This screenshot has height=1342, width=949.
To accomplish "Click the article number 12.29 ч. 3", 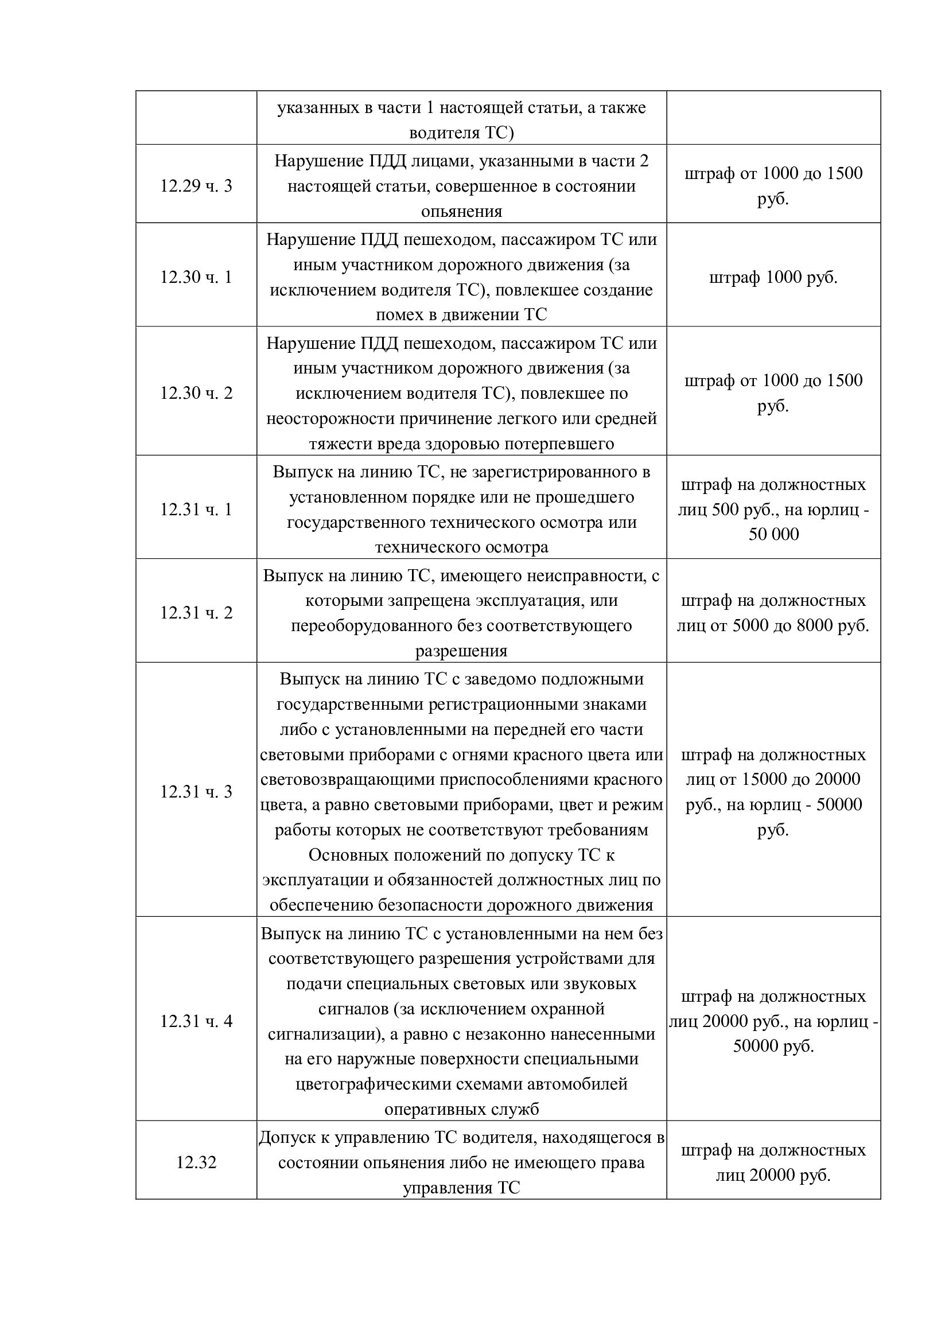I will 196,186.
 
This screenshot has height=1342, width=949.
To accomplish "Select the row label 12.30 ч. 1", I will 196,277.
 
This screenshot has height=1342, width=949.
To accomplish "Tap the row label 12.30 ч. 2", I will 196,393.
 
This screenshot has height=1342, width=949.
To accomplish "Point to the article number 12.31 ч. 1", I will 196,509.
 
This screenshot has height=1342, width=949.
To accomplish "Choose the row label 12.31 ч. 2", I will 196,613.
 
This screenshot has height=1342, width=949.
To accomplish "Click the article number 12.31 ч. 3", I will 196,791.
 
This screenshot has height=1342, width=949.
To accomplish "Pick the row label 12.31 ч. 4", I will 196,1021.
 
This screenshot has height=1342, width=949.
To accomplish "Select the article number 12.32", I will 196,1162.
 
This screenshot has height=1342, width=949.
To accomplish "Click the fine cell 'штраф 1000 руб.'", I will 773,277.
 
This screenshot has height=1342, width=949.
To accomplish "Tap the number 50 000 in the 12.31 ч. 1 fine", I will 773,534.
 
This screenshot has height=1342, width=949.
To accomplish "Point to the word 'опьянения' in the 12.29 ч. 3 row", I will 462,211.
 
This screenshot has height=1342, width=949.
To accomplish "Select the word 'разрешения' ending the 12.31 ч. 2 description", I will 462,651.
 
